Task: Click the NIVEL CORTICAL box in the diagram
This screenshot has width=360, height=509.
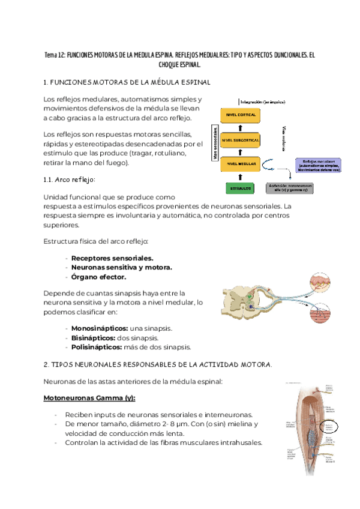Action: (240, 114)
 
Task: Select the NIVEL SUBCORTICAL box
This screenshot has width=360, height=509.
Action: (240, 140)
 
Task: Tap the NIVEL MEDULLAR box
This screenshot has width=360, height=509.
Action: (240, 163)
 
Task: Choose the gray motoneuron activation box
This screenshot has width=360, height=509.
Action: (290, 188)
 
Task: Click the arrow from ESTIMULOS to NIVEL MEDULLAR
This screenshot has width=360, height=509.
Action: (240, 176)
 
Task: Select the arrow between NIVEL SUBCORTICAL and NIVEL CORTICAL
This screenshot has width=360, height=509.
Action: (240, 127)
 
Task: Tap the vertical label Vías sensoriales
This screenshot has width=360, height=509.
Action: (214, 143)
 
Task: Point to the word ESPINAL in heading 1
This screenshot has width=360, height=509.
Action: (192, 82)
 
